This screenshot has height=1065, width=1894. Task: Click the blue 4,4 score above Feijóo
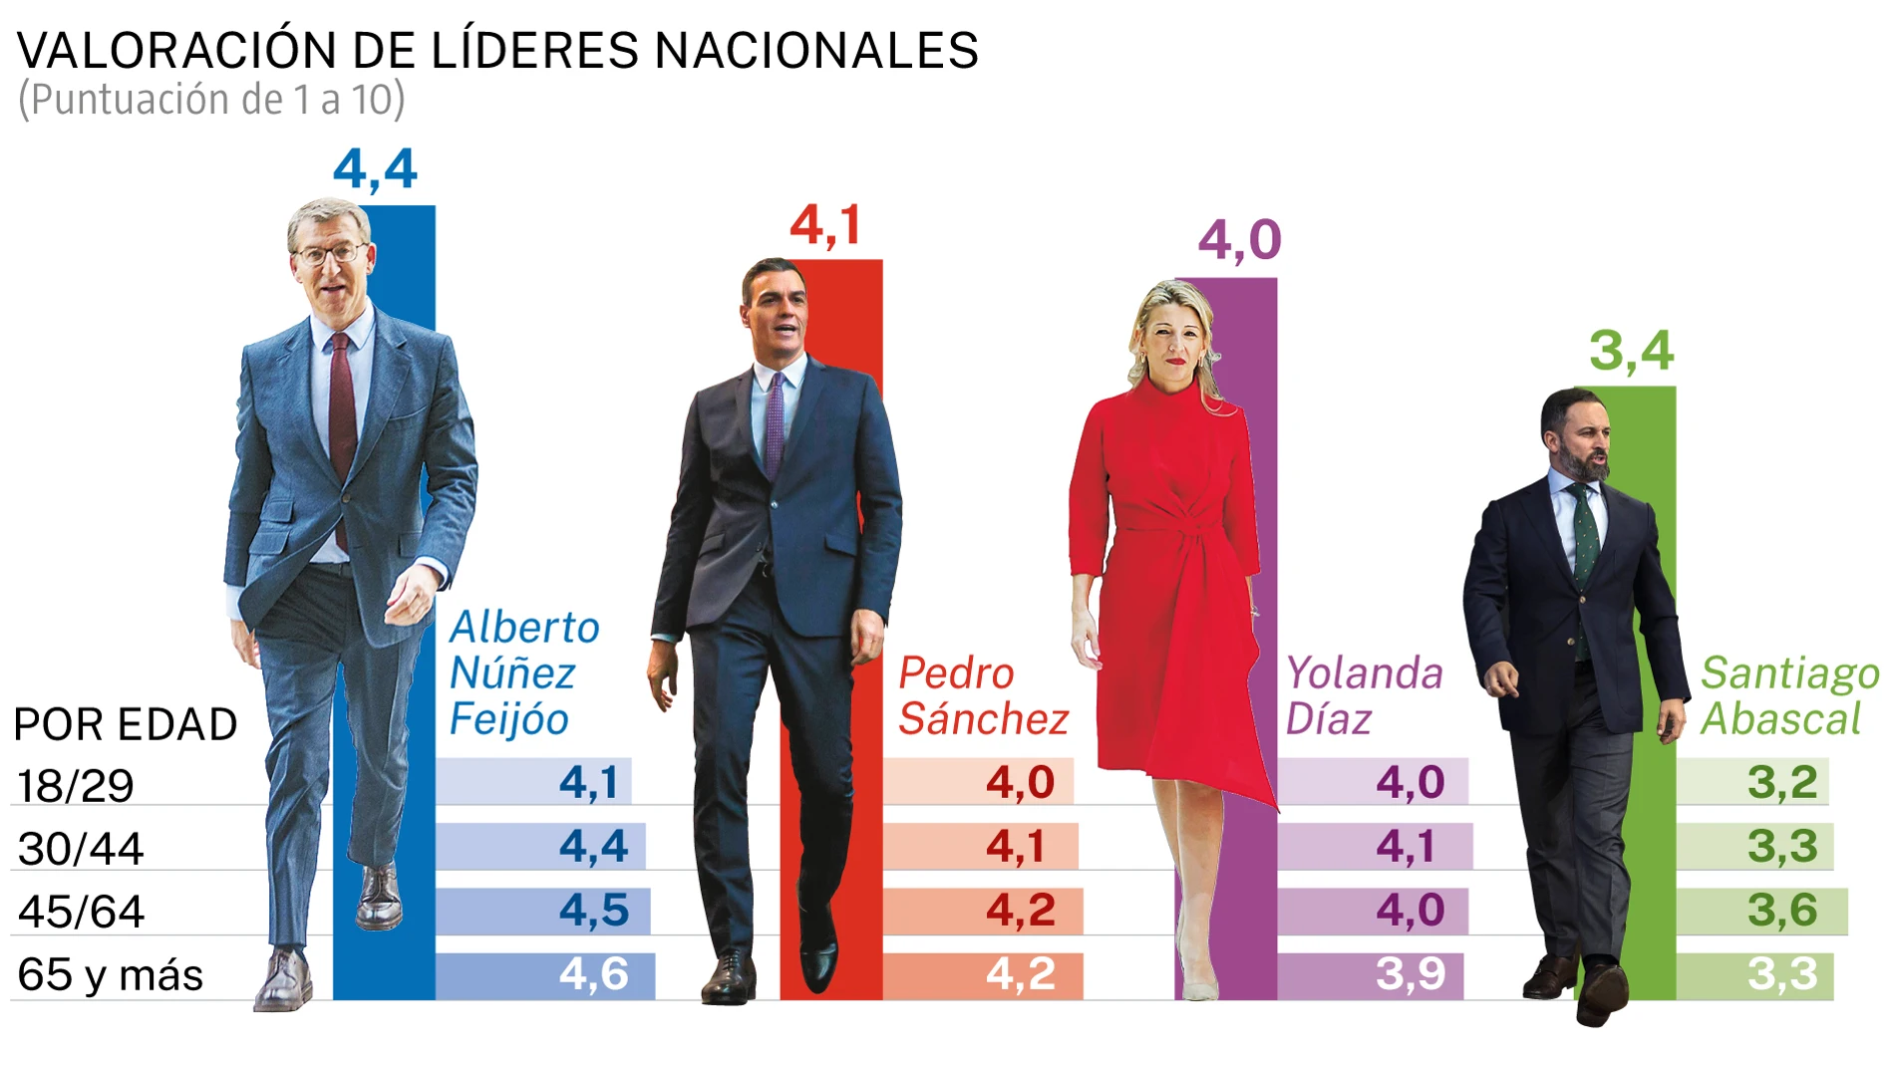tap(375, 169)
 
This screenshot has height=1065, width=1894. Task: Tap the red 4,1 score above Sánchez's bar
tap(824, 225)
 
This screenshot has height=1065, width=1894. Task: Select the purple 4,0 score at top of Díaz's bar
tap(1239, 240)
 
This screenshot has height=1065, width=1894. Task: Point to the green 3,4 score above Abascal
tap(1631, 351)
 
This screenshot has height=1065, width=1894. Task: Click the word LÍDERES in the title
tap(534, 51)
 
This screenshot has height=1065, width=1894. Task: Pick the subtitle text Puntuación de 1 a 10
tap(211, 100)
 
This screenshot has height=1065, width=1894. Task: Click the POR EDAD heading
tap(126, 724)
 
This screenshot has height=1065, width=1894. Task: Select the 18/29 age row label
tap(76, 786)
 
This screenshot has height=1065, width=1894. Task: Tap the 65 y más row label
tap(110, 974)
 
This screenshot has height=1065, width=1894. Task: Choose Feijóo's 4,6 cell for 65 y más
tap(593, 974)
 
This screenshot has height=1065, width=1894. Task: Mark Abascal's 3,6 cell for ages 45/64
tap(1782, 911)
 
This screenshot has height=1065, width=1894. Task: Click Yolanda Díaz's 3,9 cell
tap(1410, 974)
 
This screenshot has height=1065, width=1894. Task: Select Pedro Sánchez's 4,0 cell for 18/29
tap(1019, 782)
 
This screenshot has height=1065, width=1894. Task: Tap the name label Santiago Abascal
tap(1788, 695)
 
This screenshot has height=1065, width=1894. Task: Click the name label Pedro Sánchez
tap(982, 695)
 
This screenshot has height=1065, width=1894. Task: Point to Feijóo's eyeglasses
tap(330, 253)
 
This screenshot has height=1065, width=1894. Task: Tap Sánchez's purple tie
tap(775, 423)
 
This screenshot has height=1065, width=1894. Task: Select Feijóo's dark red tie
tap(342, 418)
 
